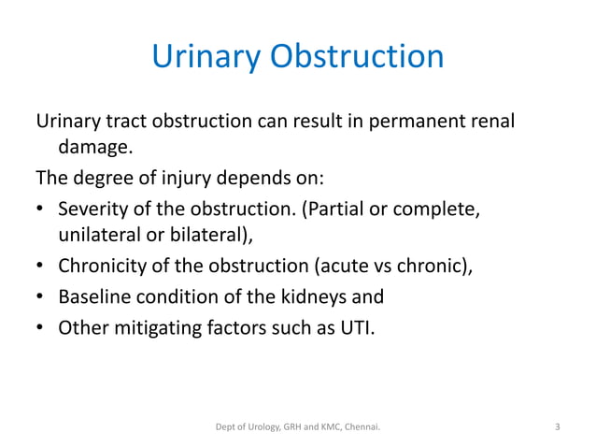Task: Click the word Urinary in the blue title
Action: point(205,57)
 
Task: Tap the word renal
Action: point(493,123)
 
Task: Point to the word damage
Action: point(93,147)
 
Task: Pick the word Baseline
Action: point(94,298)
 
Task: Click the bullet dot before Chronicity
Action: point(41,268)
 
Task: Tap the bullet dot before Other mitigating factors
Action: point(41,329)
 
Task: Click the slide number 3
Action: point(558,427)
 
